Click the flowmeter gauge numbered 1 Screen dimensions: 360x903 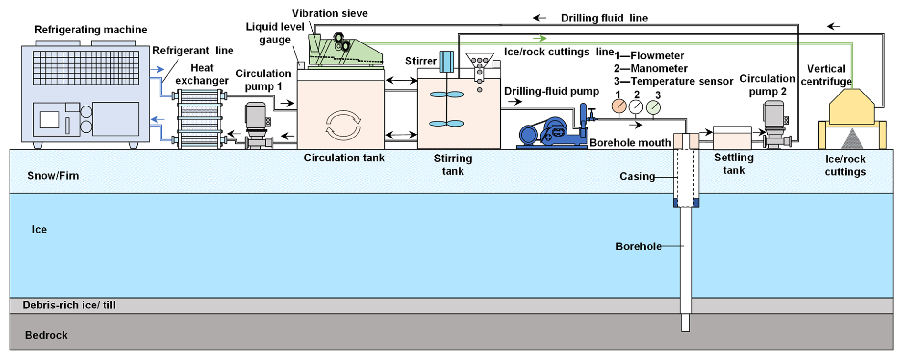click(619, 106)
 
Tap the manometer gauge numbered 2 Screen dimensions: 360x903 click(636, 107)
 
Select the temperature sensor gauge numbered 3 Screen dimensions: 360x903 click(653, 107)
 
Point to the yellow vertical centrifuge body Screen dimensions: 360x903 click(851, 108)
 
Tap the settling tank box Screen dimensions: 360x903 click(732, 138)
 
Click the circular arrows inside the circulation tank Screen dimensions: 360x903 click(343, 125)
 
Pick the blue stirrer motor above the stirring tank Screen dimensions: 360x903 click(447, 62)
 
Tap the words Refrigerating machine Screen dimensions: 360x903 click(91, 30)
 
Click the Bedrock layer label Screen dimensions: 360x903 click(46, 335)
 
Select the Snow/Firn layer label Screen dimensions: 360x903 click(53, 176)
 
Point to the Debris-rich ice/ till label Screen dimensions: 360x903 click(69, 305)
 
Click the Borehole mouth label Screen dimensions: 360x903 click(630, 143)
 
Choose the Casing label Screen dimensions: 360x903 click(637, 177)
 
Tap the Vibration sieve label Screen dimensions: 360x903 click(330, 13)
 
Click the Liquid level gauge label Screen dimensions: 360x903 click(275, 33)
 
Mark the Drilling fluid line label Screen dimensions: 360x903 click(604, 18)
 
